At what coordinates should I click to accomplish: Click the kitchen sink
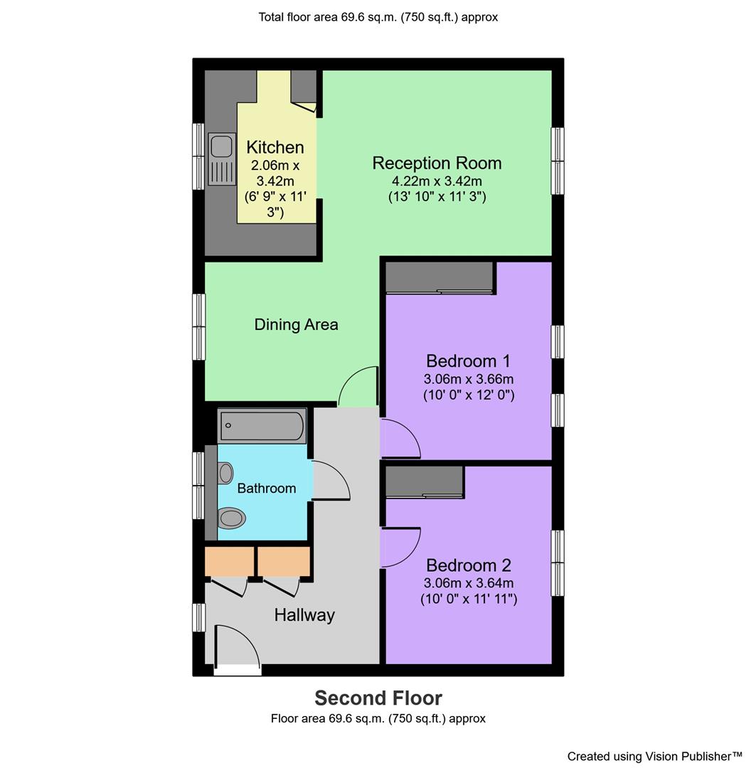pos(222,159)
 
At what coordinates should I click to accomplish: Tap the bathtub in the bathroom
pos(262,426)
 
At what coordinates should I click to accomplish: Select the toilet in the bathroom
pos(232,518)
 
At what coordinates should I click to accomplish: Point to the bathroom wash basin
pos(225,473)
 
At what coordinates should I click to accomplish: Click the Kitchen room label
pos(275,147)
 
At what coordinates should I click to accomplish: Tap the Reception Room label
pos(437,163)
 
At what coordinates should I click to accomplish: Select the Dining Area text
pos(296,325)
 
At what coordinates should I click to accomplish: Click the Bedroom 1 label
pos(468,361)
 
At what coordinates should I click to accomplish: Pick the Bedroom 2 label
pos(468,565)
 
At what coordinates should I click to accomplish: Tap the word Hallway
pos(304,615)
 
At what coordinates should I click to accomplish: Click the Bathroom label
pos(266,489)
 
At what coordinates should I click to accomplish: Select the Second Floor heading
pos(378,698)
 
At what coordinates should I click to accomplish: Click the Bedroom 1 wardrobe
pos(440,277)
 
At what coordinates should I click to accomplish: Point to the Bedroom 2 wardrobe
pos(425,481)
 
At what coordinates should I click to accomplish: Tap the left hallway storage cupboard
pos(229,561)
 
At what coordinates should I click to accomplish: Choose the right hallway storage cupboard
pos(284,561)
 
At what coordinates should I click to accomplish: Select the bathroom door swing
pos(330,481)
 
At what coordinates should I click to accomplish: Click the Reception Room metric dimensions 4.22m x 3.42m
pos(437,181)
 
